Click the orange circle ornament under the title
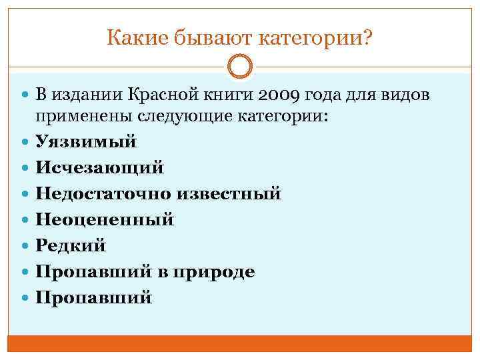click(x=240, y=67)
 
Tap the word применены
click(x=85, y=117)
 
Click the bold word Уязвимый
click(x=86, y=142)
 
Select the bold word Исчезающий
click(x=99, y=168)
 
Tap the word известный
click(x=228, y=194)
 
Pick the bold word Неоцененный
click(x=105, y=219)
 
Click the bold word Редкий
click(x=71, y=245)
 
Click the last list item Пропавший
click(x=93, y=297)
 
